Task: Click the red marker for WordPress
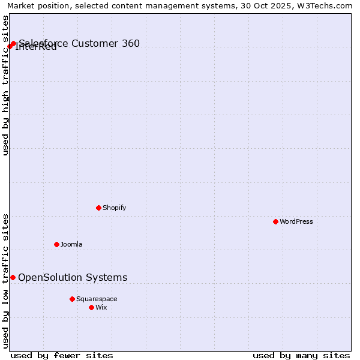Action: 275,221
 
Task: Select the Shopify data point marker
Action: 98,208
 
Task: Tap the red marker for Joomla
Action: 56,244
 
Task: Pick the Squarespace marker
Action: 72,299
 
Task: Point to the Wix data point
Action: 91,307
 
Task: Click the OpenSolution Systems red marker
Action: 13,277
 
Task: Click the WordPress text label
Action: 296,221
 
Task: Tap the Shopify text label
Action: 114,208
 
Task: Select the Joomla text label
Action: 71,244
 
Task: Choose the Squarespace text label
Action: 97,299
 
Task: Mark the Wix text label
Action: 101,307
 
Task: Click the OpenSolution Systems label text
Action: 73,277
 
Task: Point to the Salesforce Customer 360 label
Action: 79,43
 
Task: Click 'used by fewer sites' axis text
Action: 62,355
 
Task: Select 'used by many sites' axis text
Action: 301,355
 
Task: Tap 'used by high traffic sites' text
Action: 5,85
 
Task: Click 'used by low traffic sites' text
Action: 5,280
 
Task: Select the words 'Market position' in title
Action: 35,6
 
